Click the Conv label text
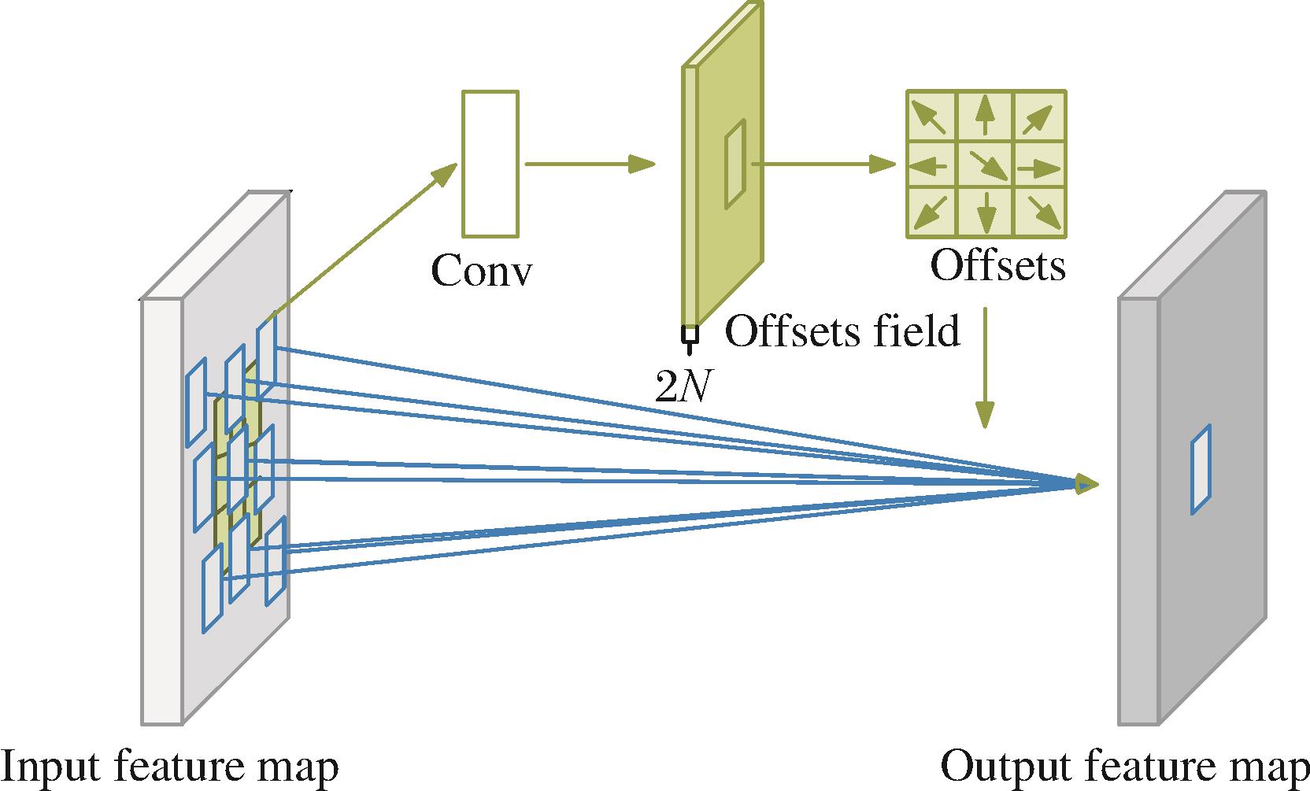click(x=481, y=272)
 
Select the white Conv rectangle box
click(x=490, y=164)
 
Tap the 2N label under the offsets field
click(x=683, y=386)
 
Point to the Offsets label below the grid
click(x=997, y=265)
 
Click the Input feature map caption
click(x=169, y=767)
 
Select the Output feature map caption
click(x=1123, y=767)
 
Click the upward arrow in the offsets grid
click(x=984, y=116)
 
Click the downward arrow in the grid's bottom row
click(x=985, y=211)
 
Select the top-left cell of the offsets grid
click(x=931, y=116)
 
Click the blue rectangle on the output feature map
click(x=1201, y=470)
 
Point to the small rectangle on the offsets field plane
click(x=735, y=164)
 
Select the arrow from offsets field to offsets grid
click(x=823, y=164)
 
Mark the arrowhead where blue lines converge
click(x=1086, y=484)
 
